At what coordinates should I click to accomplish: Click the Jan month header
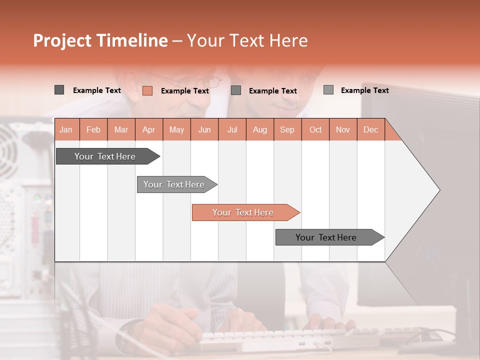click(66, 129)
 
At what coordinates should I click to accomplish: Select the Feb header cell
click(93, 129)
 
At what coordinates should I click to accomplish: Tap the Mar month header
click(121, 129)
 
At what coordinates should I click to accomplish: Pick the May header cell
click(176, 129)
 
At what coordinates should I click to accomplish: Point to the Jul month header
click(232, 129)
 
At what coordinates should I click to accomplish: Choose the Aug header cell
click(259, 129)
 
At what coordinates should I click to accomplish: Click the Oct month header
click(315, 129)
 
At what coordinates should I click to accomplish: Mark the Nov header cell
click(343, 129)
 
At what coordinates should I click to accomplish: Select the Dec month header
click(370, 129)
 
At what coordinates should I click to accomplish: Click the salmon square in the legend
click(147, 90)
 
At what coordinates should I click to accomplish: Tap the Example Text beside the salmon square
click(185, 91)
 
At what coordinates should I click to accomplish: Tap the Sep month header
click(287, 129)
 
